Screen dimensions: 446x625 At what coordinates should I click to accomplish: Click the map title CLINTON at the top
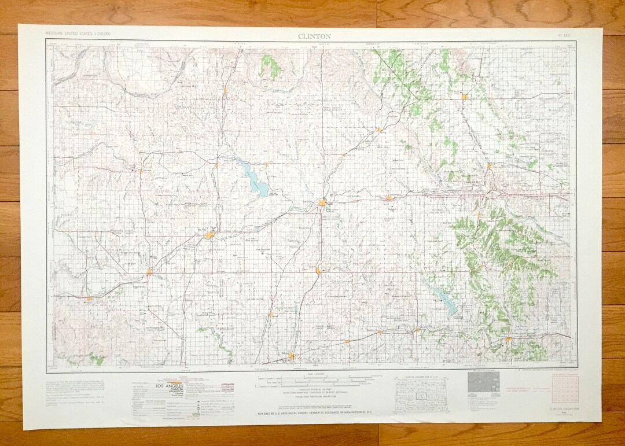click(x=314, y=36)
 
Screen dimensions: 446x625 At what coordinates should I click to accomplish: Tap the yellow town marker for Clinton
click(x=322, y=202)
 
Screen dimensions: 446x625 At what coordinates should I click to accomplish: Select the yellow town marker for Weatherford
click(x=391, y=198)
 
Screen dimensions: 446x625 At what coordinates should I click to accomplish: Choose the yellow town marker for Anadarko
click(x=508, y=339)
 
